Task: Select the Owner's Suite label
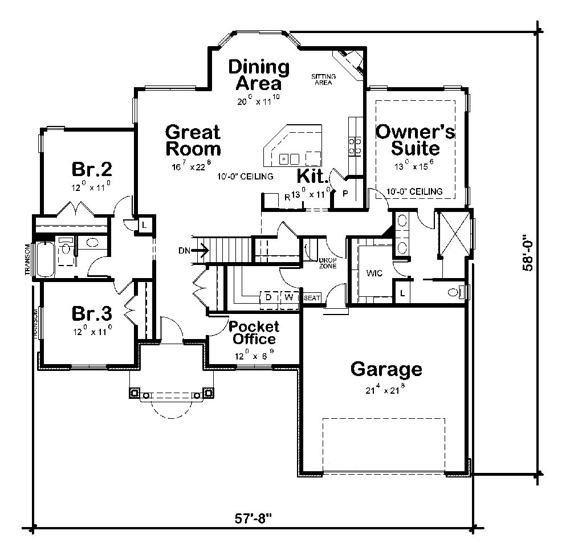point(415,140)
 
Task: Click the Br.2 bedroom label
point(91,169)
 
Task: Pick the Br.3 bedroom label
point(91,313)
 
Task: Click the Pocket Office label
point(254,333)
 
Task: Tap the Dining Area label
point(258,75)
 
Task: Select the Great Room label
point(193,141)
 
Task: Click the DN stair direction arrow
point(200,249)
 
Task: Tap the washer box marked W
point(288,297)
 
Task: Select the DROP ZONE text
point(328,263)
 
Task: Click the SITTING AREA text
point(323,79)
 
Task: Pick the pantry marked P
point(344,193)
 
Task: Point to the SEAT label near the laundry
point(312,298)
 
